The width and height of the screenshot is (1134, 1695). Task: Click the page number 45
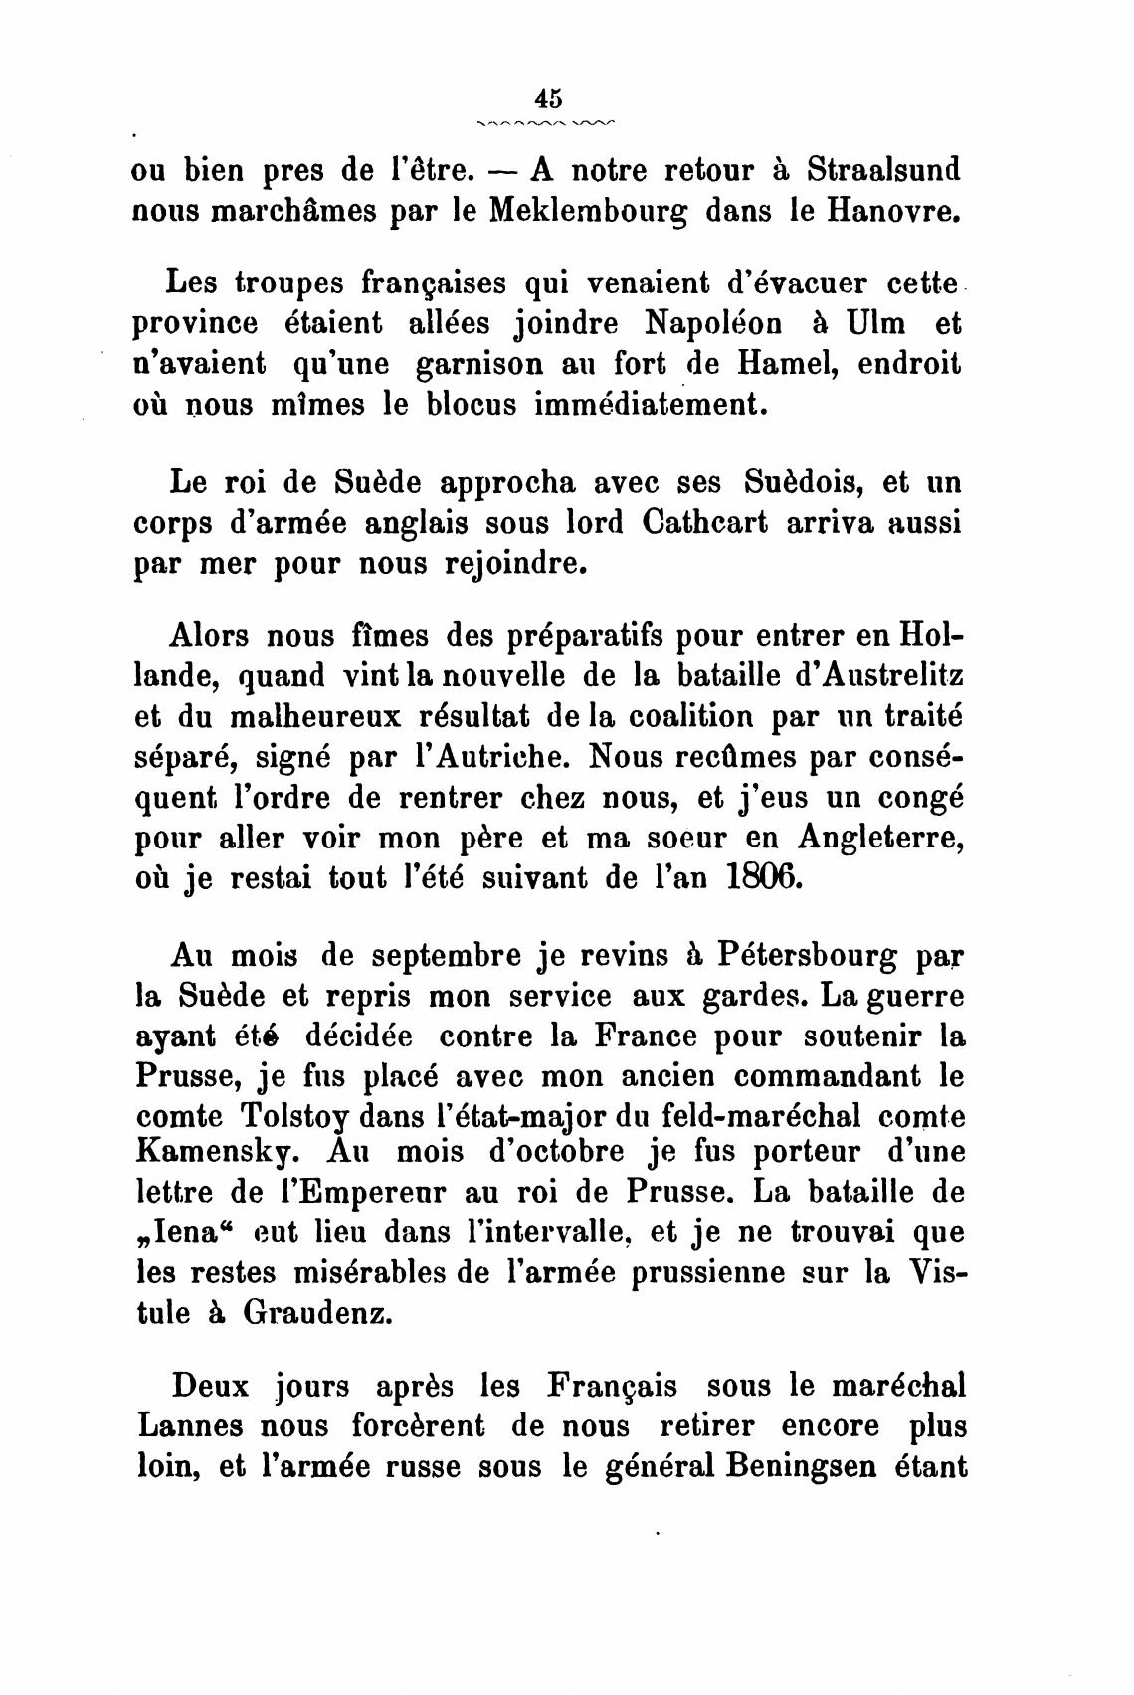(548, 97)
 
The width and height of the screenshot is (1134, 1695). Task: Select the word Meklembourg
(592, 212)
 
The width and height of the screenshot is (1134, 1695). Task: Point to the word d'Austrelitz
(857, 676)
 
